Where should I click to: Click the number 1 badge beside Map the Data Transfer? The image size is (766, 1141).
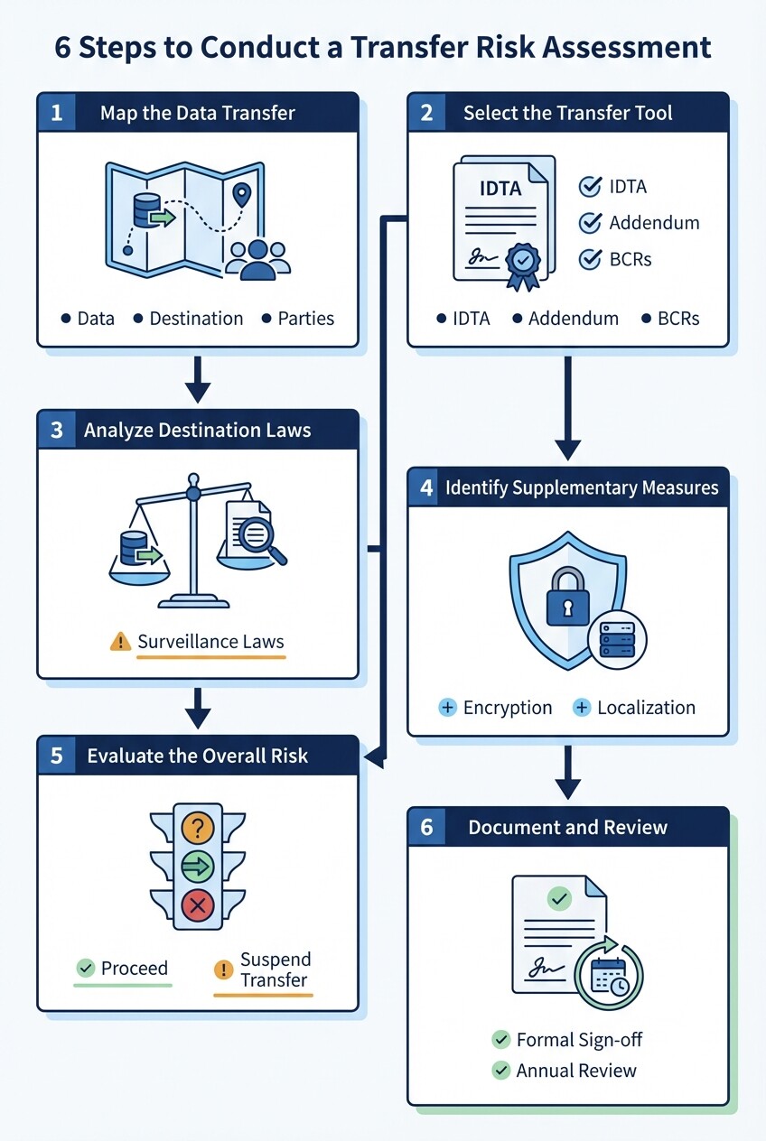coord(57,114)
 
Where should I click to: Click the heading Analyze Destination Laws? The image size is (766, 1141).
coord(197,431)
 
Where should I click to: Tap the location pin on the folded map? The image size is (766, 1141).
coord(240,195)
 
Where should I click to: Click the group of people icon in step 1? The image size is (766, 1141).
coord(258,258)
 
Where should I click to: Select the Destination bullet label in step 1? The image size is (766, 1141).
coord(196,319)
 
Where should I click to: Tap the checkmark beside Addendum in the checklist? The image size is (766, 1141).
coord(590,223)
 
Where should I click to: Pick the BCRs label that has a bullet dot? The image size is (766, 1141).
coord(678,319)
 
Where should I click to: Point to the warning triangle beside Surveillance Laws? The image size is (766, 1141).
coord(120,642)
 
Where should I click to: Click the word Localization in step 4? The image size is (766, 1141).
coord(646,708)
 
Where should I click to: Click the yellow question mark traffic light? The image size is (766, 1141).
coord(197,826)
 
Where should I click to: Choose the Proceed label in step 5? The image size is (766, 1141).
coord(134,969)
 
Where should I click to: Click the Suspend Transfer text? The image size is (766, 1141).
coord(275,969)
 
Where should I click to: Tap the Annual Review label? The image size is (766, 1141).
coord(575,1071)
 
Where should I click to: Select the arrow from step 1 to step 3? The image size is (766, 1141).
coord(197,379)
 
